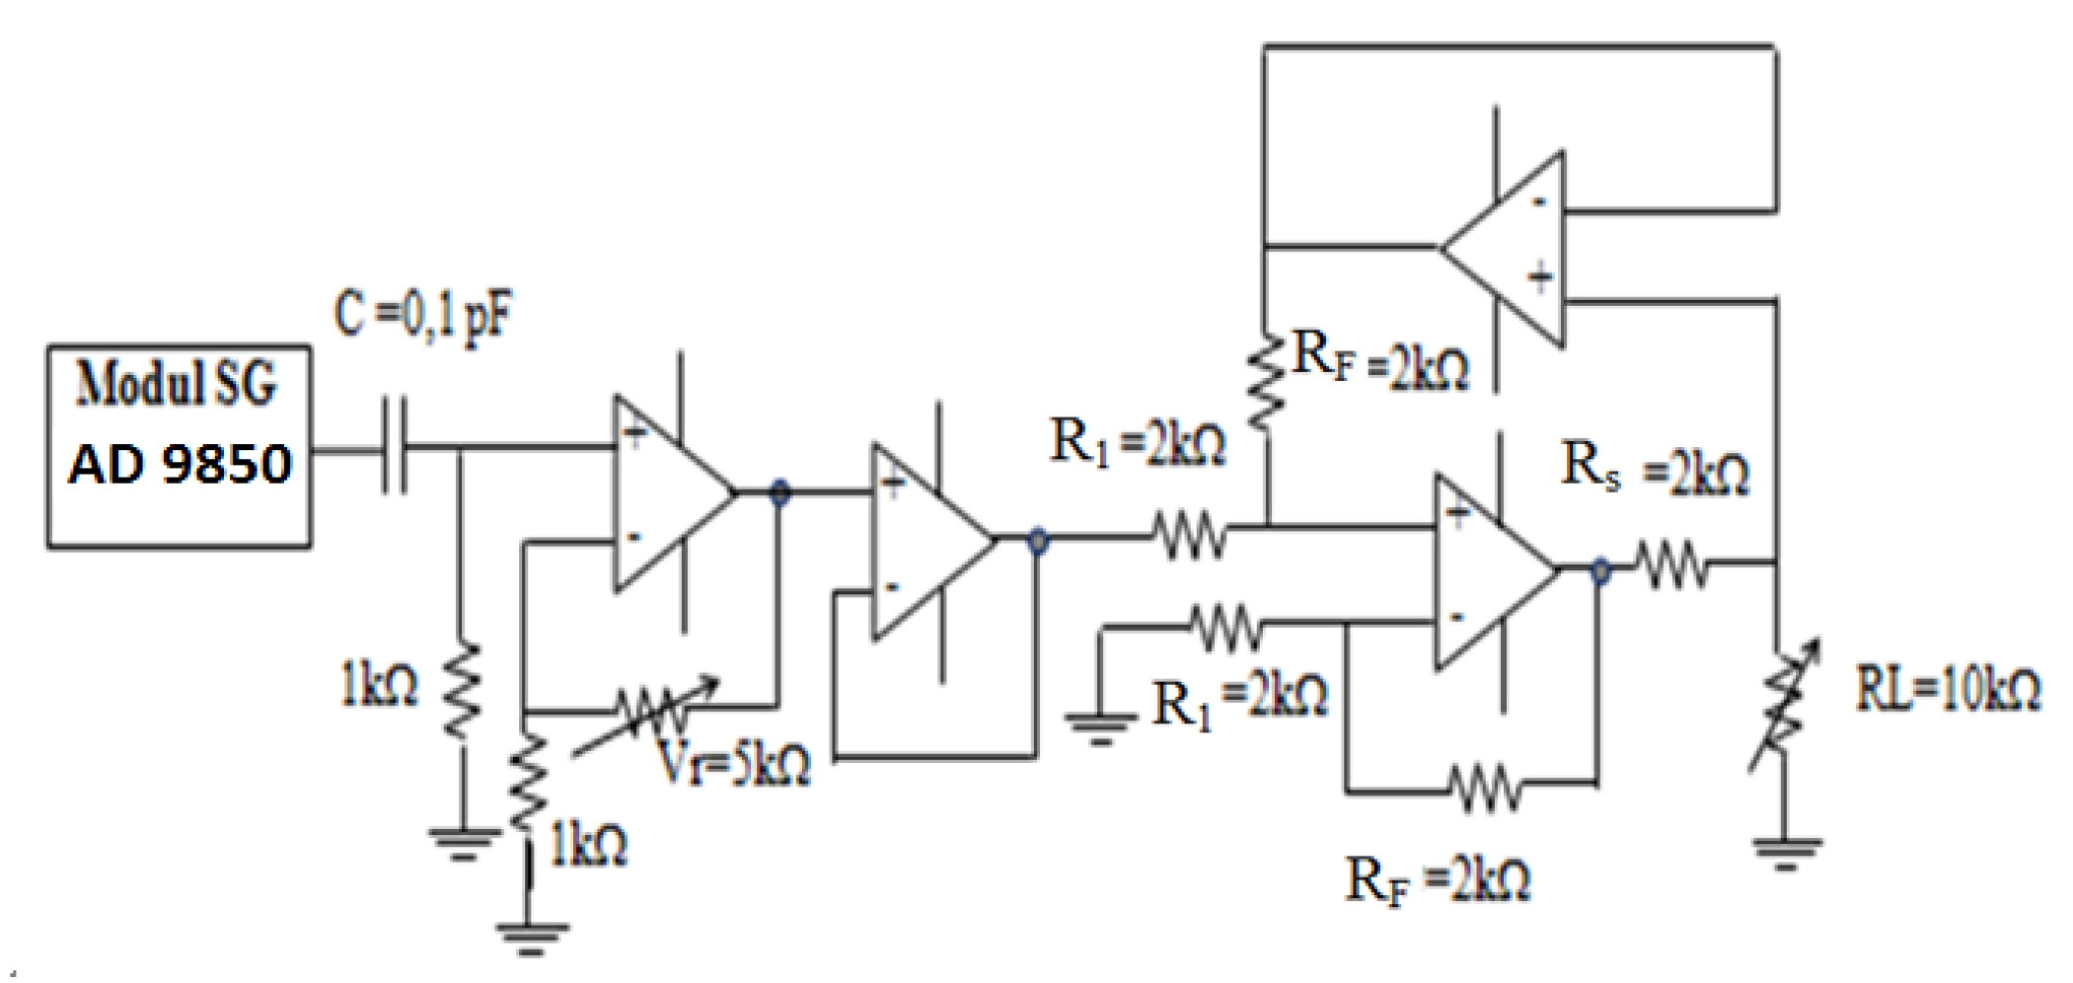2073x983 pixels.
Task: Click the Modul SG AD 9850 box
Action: (x=179, y=446)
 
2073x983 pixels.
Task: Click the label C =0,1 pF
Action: (x=422, y=315)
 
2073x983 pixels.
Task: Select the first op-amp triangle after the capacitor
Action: (x=665, y=492)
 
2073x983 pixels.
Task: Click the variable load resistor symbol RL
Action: (x=1782, y=705)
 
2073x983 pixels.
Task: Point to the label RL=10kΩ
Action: (x=1948, y=689)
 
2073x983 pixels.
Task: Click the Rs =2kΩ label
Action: (x=1655, y=468)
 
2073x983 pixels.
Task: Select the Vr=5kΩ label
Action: (x=732, y=763)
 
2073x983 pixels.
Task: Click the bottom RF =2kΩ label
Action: (x=1438, y=879)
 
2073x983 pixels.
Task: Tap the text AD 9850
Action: (x=180, y=464)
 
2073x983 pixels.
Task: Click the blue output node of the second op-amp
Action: (x=1037, y=540)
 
